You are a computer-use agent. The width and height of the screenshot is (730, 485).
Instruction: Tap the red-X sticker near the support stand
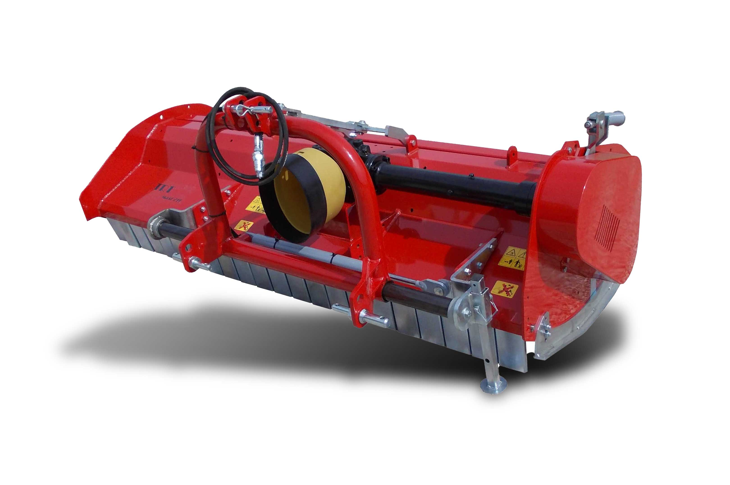[x=504, y=289]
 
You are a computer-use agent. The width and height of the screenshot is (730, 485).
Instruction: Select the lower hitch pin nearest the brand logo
[x=199, y=263]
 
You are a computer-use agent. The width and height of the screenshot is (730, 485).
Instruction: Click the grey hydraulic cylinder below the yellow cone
[x=303, y=251]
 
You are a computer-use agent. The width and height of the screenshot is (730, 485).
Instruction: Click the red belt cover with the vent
[x=587, y=210]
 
